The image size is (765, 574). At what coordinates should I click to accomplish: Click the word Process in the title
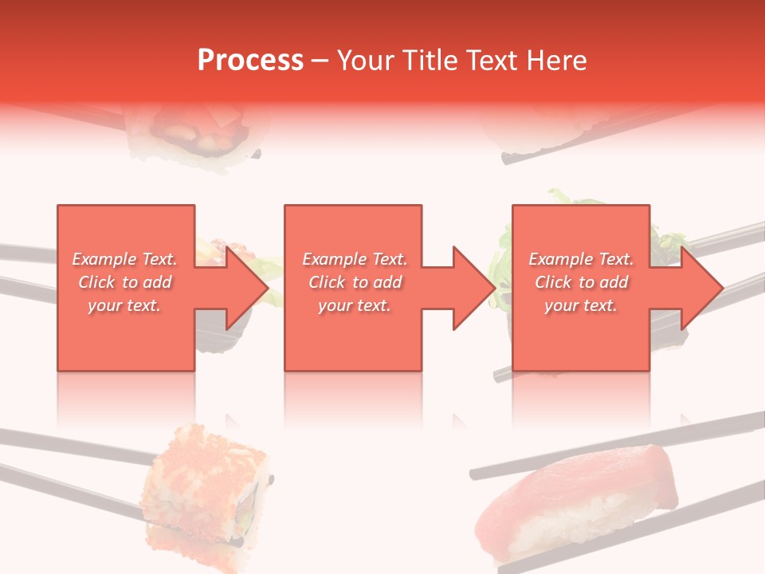[x=250, y=61]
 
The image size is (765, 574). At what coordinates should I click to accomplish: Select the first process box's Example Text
[x=125, y=259]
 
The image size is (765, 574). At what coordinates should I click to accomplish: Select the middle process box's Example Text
[x=355, y=259]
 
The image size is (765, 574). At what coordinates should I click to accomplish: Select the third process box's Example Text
[x=581, y=259]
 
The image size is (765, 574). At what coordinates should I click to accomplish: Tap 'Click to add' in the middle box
[x=355, y=282]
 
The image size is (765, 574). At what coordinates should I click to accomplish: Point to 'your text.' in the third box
[x=581, y=305]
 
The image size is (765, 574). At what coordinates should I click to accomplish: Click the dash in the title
[x=320, y=61]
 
